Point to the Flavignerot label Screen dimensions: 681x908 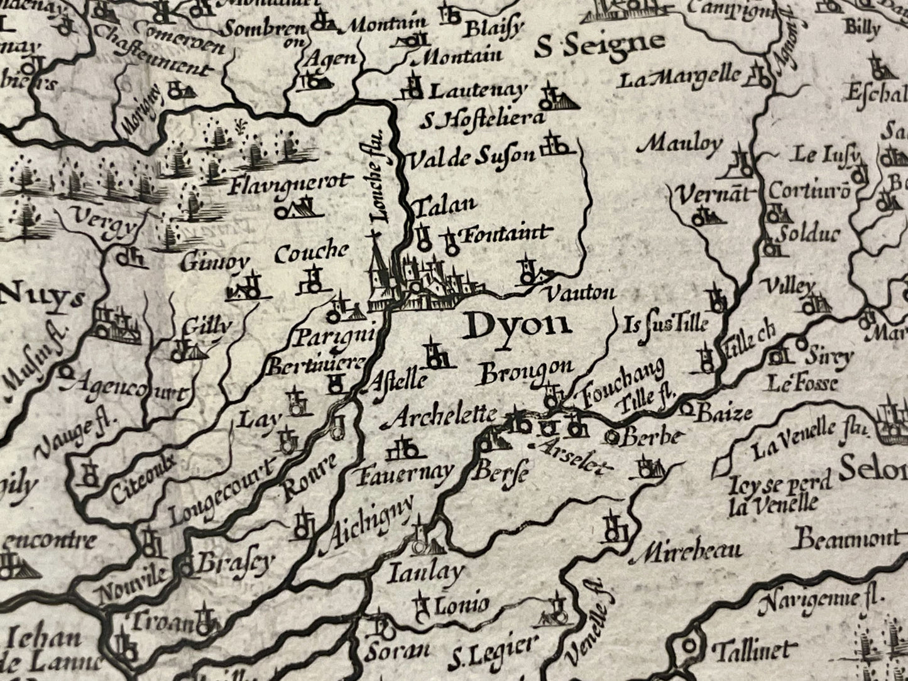tap(288, 184)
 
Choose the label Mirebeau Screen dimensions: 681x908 tap(689, 552)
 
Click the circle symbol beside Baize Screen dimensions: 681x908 tap(687, 411)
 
